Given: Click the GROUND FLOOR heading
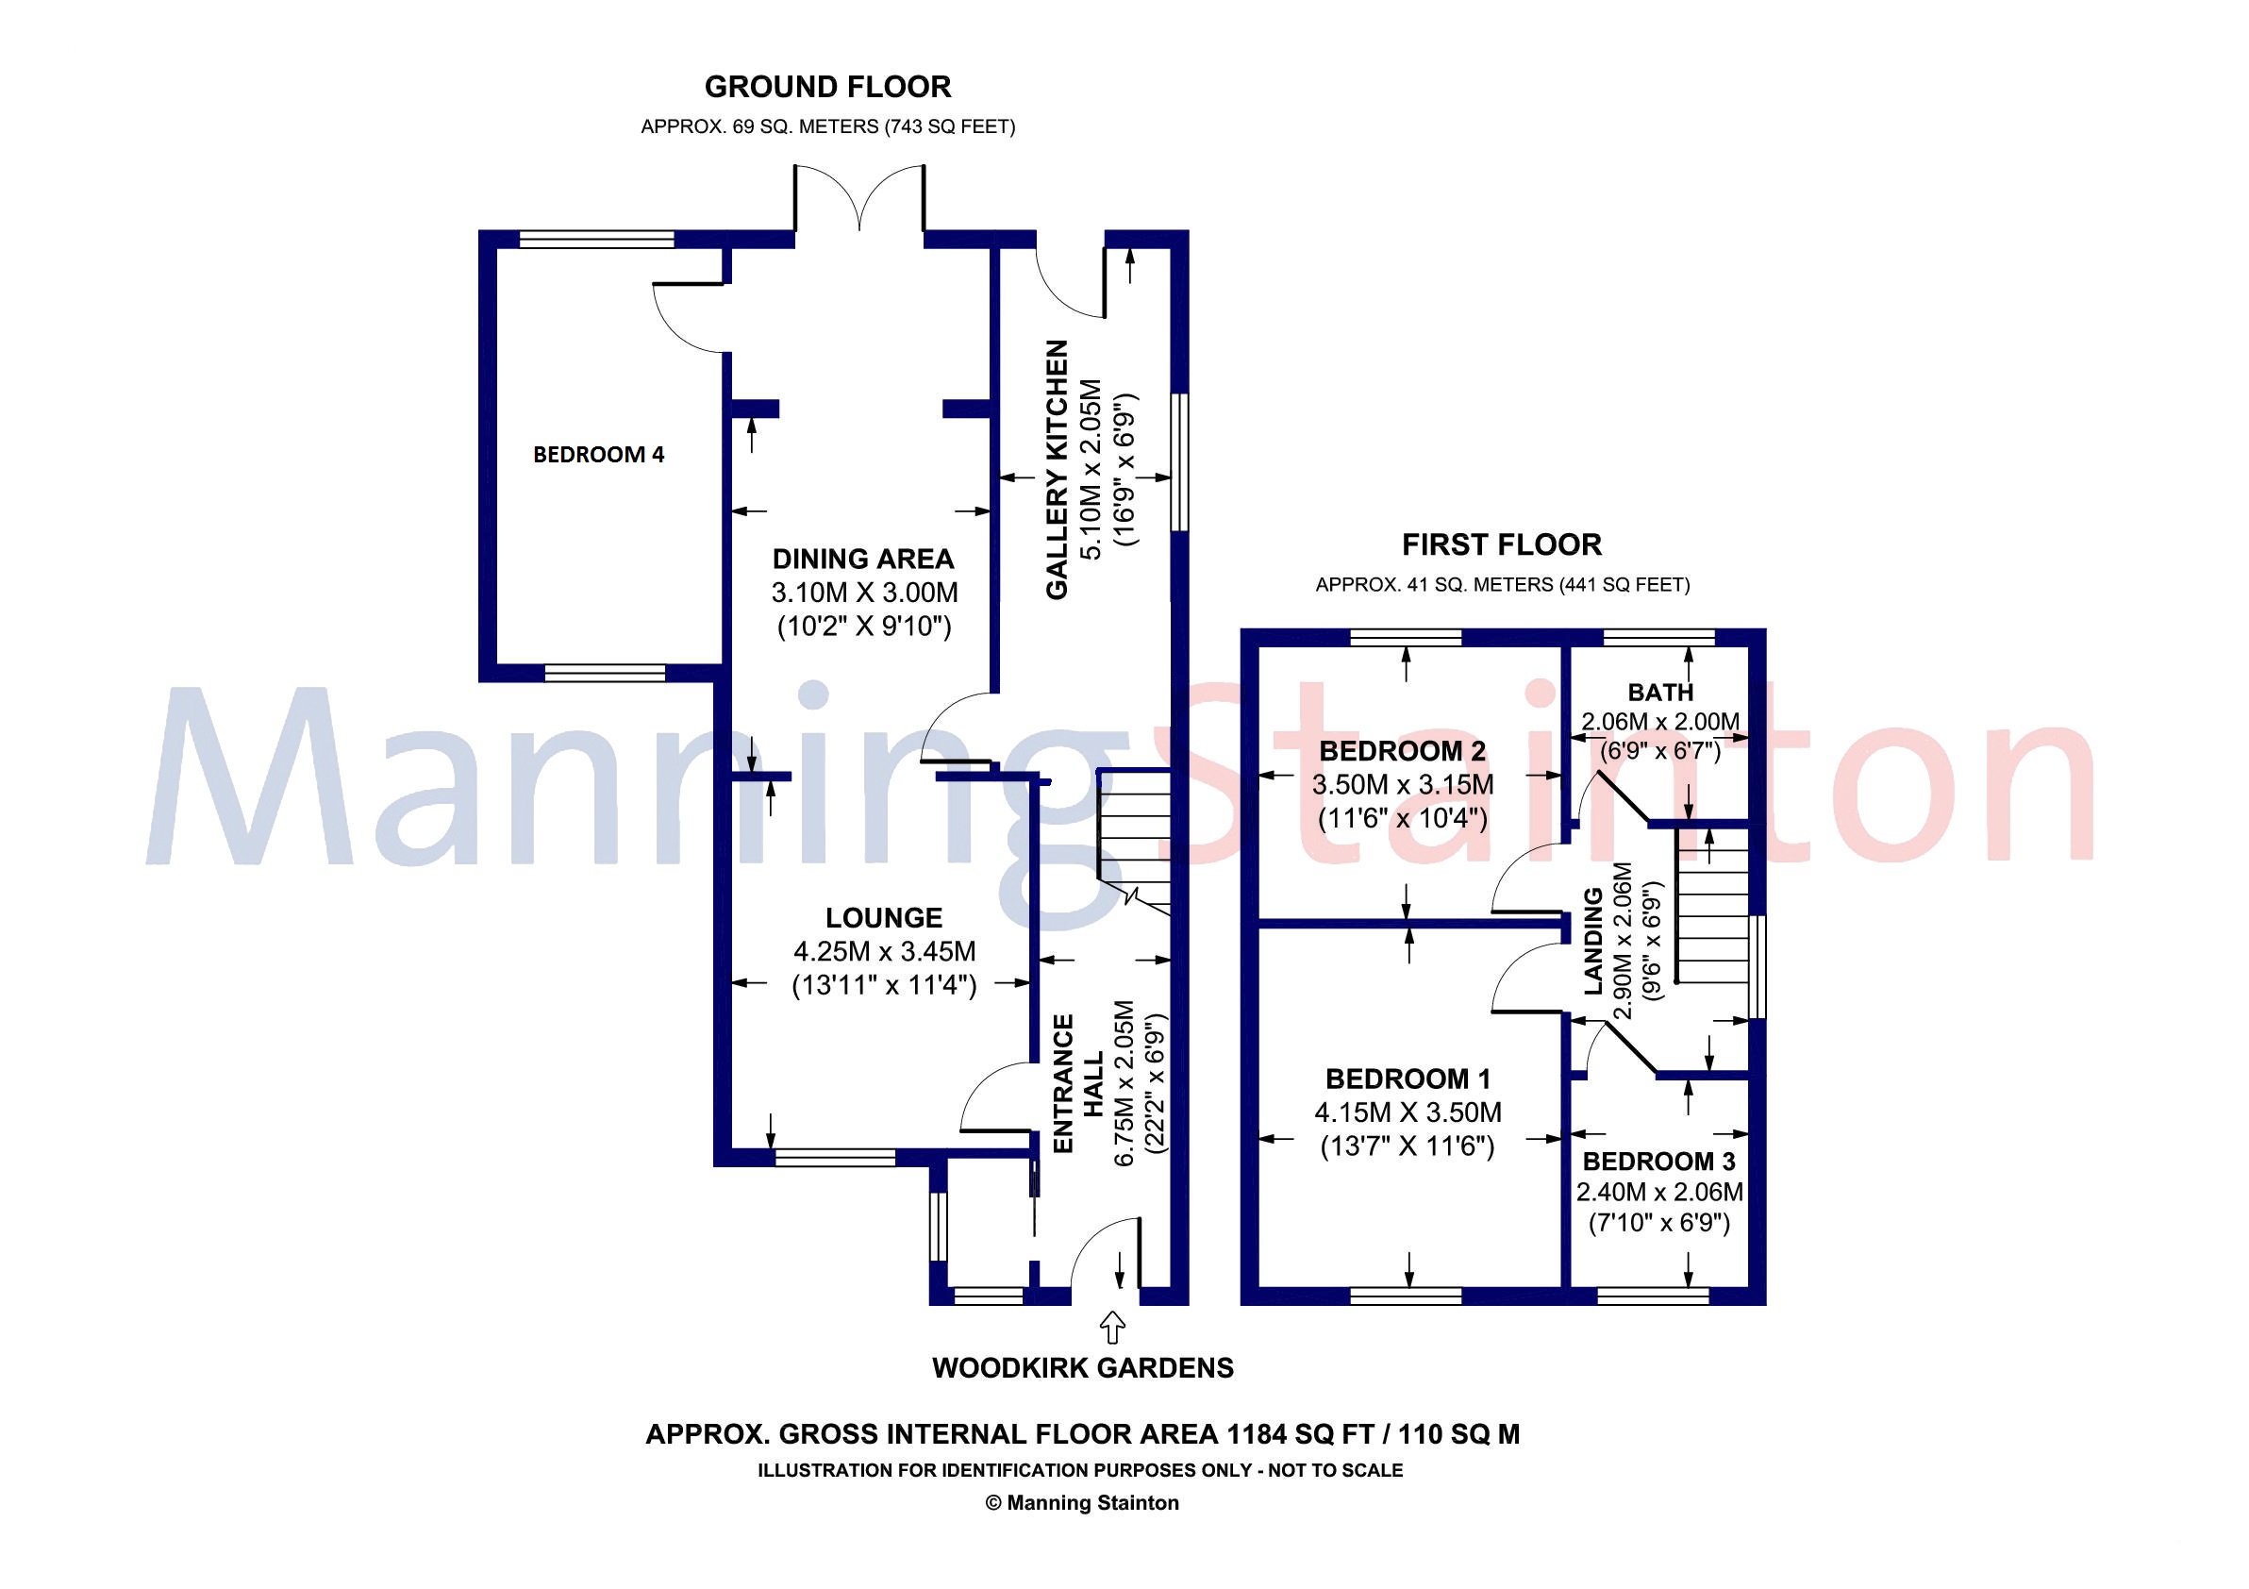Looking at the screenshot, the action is pyautogui.click(x=827, y=87).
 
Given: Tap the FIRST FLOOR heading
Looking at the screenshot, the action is pyautogui.click(x=1502, y=544).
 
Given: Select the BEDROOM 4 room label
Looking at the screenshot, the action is pyautogui.click(x=598, y=455).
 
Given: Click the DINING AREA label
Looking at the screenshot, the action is pyautogui.click(x=863, y=560).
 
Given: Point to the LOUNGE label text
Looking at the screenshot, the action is pyautogui.click(x=884, y=918).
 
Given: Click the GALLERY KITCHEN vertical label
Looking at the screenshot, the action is pyautogui.click(x=1057, y=469).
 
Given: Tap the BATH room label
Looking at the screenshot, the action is pyautogui.click(x=1660, y=693).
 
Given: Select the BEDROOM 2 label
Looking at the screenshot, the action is pyautogui.click(x=1403, y=751).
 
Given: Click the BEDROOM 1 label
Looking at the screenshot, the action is pyautogui.click(x=1408, y=1079).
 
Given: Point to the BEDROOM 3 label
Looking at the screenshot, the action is pyautogui.click(x=1659, y=1162).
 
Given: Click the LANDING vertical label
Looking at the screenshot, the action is pyautogui.click(x=1593, y=941).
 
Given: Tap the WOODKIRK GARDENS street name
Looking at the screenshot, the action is pyautogui.click(x=1082, y=1368).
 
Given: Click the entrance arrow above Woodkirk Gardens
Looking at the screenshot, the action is pyautogui.click(x=1112, y=1328).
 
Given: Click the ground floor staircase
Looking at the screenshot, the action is pyautogui.click(x=1134, y=843).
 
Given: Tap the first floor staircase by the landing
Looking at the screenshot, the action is pyautogui.click(x=1711, y=906).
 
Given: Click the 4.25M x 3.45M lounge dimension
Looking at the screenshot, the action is pyautogui.click(x=885, y=952).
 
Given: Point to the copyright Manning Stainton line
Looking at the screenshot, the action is pyautogui.click(x=1082, y=1503).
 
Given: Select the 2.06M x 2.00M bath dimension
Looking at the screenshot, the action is pyautogui.click(x=1660, y=722).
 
